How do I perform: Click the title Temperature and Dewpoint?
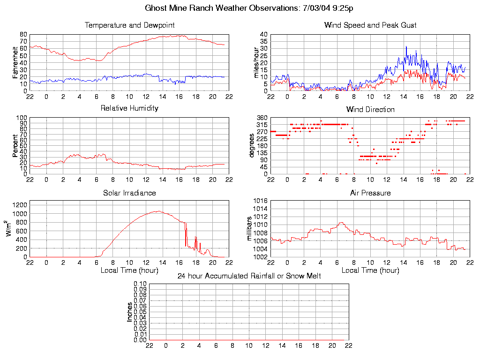tap(129, 25)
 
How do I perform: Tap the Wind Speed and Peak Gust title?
tap(370, 25)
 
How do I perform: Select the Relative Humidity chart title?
tap(129, 108)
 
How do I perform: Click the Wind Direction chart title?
tap(370, 109)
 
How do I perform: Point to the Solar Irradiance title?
tap(129, 193)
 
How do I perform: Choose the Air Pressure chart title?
tap(370, 193)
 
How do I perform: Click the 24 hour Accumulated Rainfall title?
tap(249, 276)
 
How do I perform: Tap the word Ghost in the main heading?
tap(155, 8)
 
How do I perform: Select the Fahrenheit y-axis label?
tap(15, 62)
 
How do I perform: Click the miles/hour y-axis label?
tap(256, 62)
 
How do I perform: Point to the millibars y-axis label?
tap(249, 229)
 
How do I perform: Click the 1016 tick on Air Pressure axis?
tap(261, 201)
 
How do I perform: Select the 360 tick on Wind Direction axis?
tap(262, 118)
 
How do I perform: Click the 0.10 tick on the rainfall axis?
tap(140, 284)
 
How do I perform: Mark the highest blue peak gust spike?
tap(406, 46)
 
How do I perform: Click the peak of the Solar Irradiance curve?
tap(158, 211)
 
